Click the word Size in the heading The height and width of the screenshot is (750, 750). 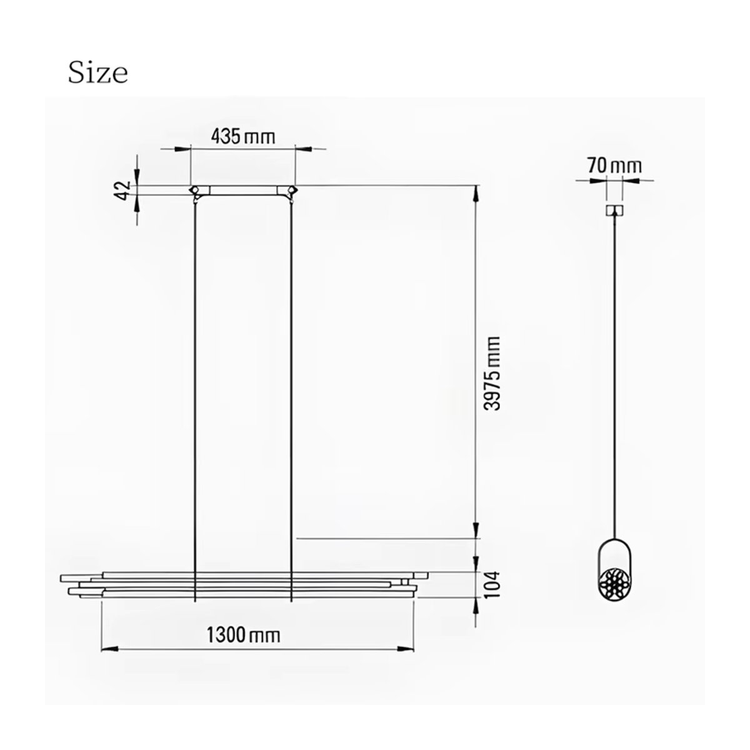tap(97, 73)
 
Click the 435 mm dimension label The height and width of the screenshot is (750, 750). tap(243, 137)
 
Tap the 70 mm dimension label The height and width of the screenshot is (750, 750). tap(614, 166)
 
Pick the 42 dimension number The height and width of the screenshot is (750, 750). tap(123, 191)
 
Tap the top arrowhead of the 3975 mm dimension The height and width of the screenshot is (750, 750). tap(476, 194)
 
